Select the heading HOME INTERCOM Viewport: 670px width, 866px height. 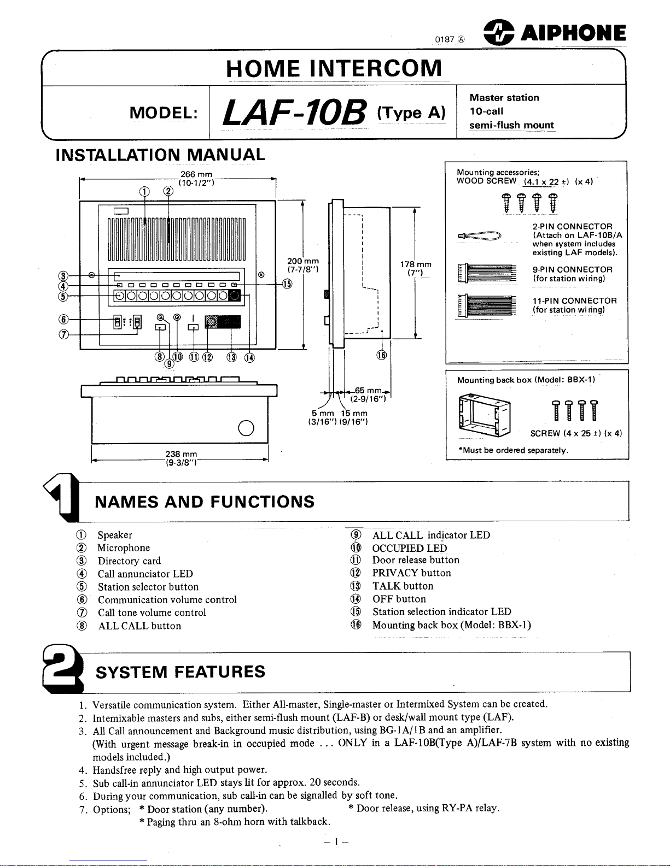point(334,69)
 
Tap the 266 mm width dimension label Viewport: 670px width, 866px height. point(196,174)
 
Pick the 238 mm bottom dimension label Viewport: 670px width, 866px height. point(181,454)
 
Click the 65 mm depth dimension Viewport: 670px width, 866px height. point(368,390)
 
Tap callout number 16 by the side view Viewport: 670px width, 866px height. point(382,355)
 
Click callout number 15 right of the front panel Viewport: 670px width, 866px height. point(288,283)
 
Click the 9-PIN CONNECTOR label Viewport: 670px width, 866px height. point(572,269)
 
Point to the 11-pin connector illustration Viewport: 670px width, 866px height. point(487,305)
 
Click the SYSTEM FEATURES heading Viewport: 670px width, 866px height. point(180,671)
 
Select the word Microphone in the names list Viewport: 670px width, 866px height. point(124,548)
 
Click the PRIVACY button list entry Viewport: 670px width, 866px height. point(411,573)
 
